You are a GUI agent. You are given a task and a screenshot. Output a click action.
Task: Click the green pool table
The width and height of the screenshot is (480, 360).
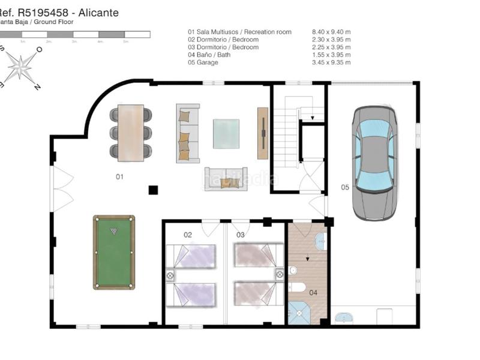[114, 252]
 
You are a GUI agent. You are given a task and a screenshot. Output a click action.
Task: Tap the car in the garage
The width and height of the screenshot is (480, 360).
[374, 163]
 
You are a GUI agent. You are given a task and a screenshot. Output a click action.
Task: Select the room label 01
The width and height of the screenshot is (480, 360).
[119, 177]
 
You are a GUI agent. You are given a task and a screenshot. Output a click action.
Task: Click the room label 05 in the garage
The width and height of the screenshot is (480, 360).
[345, 188]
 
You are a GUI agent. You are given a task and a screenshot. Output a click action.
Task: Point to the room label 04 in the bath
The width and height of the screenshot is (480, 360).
[313, 293]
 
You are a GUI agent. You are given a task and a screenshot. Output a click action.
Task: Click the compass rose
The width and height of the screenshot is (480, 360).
[20, 66]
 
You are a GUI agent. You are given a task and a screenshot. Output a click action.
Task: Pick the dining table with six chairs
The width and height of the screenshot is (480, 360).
[131, 133]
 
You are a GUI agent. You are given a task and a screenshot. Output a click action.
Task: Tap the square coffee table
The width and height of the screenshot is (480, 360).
[226, 134]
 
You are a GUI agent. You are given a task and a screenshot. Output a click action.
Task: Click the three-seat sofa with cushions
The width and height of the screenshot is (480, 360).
[187, 133]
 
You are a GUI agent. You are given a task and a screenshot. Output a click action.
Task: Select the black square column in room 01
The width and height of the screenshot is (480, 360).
[153, 190]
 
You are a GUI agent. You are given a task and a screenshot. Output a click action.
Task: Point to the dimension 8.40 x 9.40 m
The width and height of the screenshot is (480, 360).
[331, 32]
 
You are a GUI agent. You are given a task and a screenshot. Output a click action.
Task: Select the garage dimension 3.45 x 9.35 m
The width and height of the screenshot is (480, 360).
[331, 62]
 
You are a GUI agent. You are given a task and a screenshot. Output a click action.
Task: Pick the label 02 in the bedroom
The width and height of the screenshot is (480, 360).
[188, 235]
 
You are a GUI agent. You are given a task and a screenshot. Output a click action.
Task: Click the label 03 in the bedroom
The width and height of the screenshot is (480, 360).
[240, 235]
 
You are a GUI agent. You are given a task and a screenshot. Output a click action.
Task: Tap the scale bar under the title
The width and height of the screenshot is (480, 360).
[75, 34]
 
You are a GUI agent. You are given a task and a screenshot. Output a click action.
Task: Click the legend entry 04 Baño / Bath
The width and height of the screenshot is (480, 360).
[209, 55]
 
